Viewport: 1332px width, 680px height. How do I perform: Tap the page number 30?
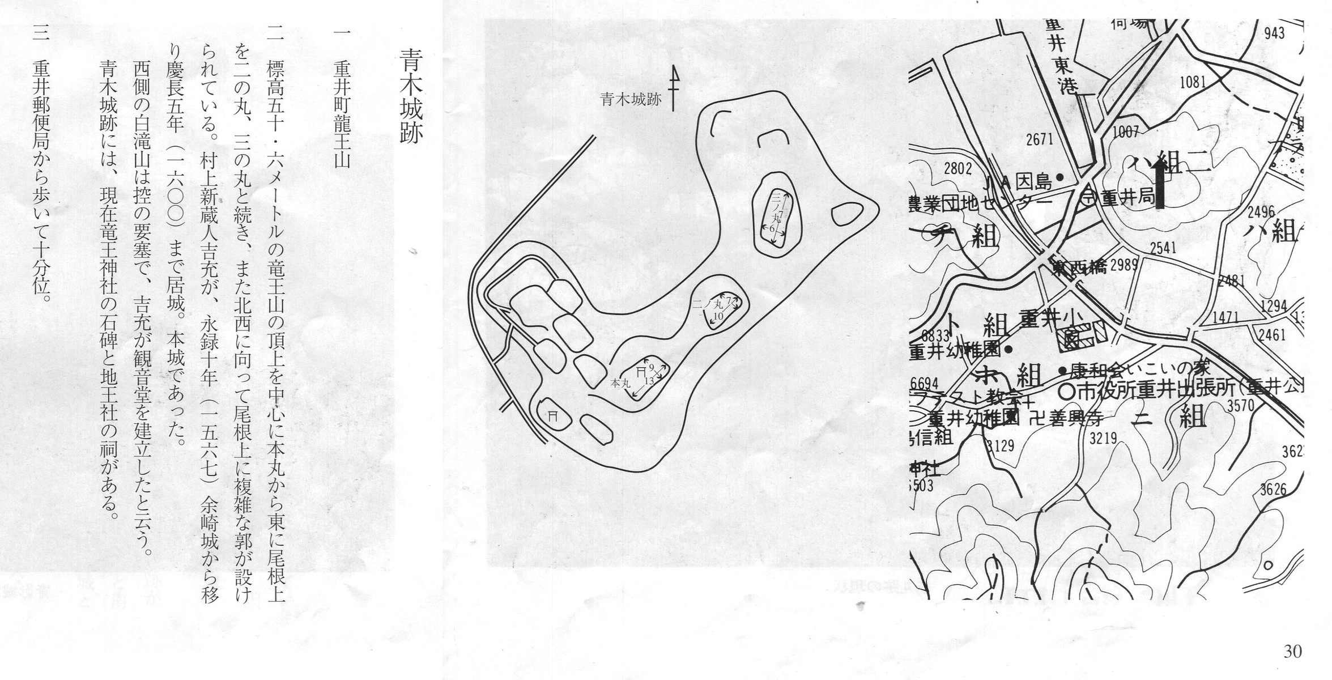click(x=1292, y=652)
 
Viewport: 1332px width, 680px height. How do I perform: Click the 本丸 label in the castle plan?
click(x=620, y=384)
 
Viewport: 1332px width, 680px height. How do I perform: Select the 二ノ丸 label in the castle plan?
click(x=706, y=304)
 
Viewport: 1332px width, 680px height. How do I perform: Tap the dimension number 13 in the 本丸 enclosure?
click(x=649, y=381)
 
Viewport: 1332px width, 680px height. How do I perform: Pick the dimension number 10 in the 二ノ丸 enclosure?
click(x=718, y=316)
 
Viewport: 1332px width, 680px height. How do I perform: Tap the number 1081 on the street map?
click(x=1193, y=83)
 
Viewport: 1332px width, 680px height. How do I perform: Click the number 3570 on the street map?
click(x=1240, y=405)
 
